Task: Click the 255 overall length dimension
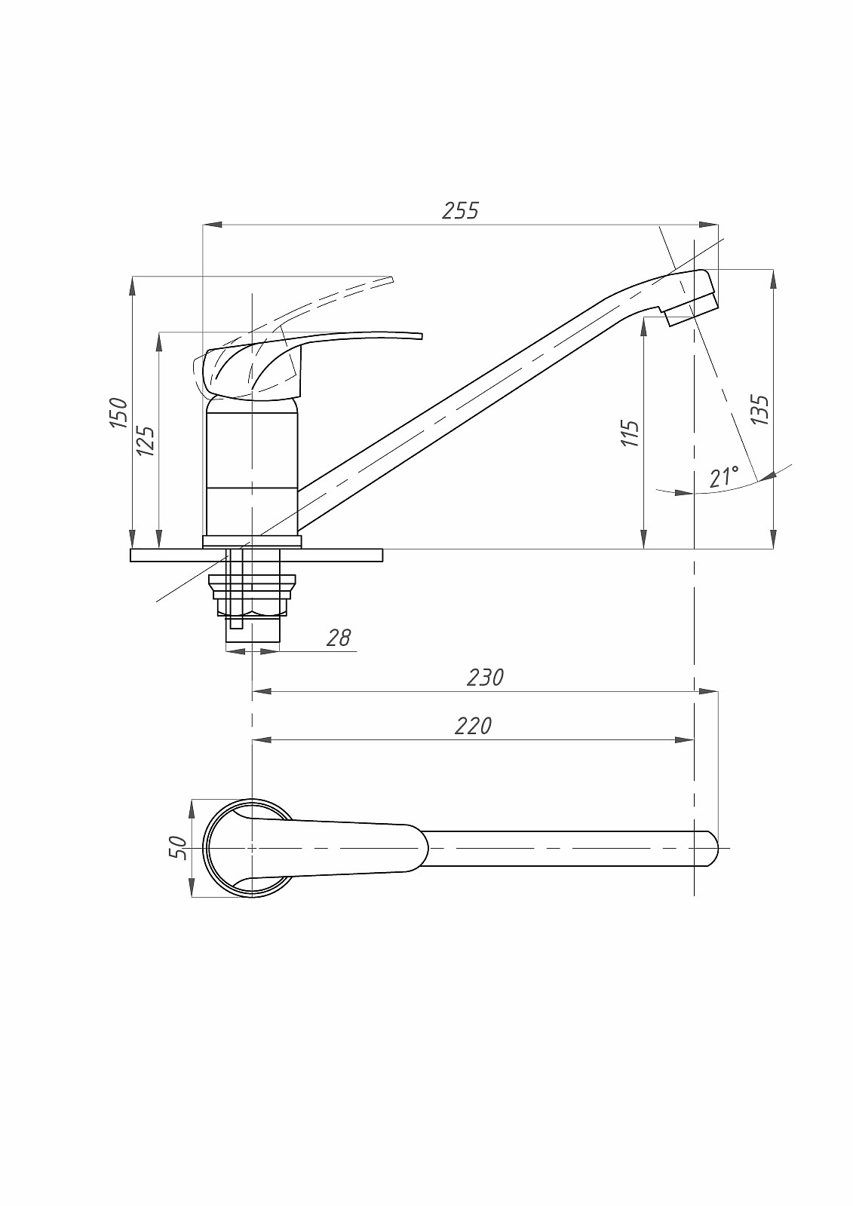coord(460,211)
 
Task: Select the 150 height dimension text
coord(118,412)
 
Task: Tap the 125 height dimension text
coord(146,441)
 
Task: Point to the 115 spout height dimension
coord(630,433)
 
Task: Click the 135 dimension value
coord(759,410)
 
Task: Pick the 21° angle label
coord(724,477)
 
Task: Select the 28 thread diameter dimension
coord(339,638)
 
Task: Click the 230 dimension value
coord(485,678)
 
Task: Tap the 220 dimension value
coord(473,727)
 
